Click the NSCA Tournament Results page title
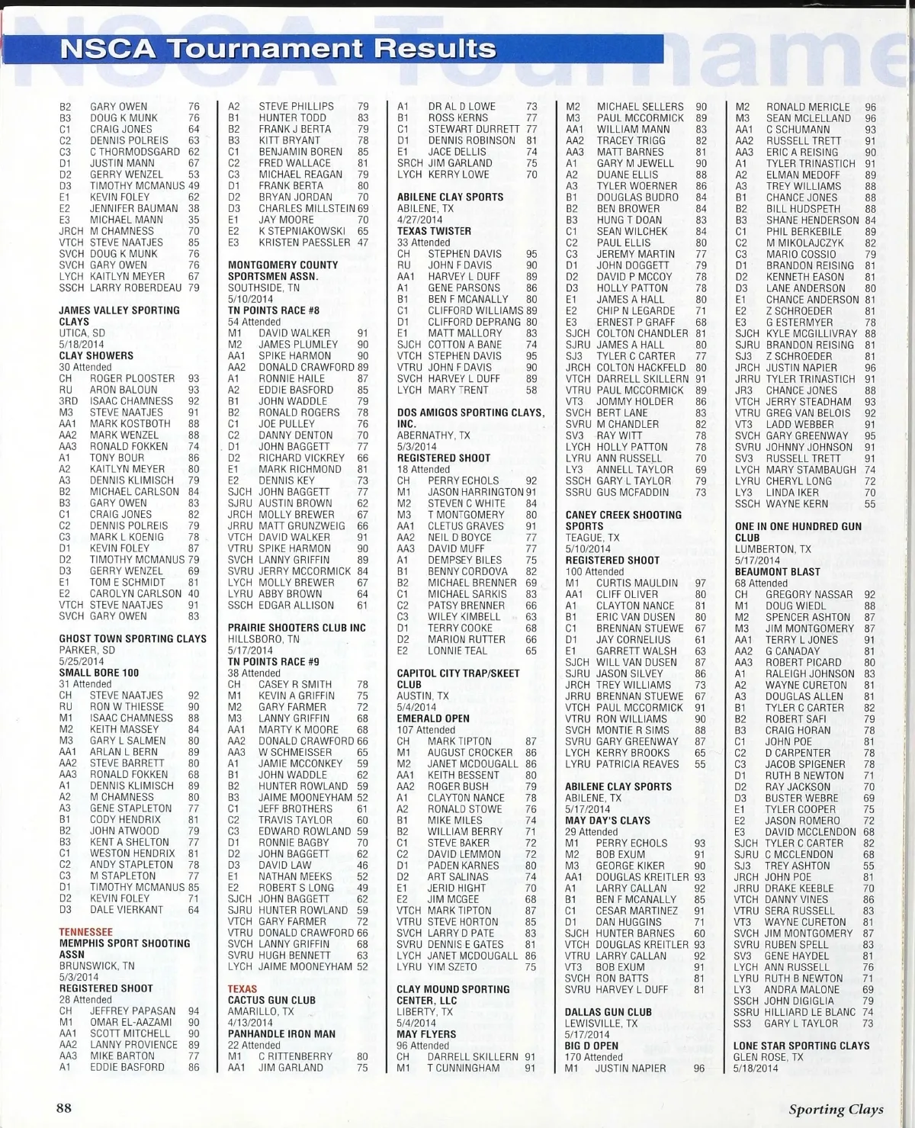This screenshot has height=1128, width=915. click(278, 49)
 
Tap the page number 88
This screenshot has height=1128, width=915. click(64, 1108)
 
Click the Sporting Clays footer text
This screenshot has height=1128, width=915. click(836, 1110)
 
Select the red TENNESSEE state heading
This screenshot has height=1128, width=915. click(85, 932)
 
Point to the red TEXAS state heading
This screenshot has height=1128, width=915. click(242, 989)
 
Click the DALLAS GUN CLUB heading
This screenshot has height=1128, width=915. click(608, 1012)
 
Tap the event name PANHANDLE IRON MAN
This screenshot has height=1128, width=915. click(281, 1034)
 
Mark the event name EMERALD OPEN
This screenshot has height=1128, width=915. click(433, 718)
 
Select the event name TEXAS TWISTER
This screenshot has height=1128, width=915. click(434, 231)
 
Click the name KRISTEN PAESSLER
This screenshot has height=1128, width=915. click(304, 243)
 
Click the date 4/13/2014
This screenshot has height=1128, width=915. click(250, 1023)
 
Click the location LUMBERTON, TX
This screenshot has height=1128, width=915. click(773, 549)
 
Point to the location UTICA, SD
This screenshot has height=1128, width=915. click(82, 333)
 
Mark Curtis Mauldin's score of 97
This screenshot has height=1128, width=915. click(701, 583)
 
